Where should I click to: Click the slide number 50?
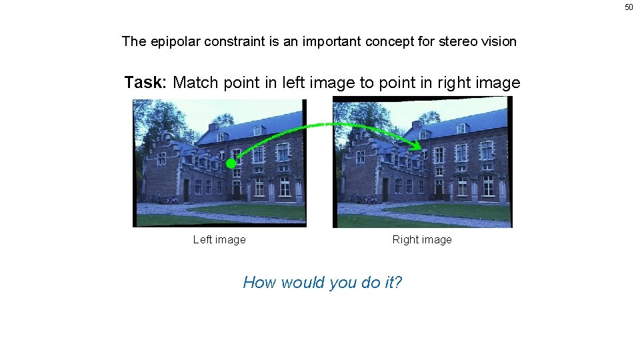coord(628,7)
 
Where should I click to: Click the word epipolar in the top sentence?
coord(175,41)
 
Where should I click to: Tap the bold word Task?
coord(143,83)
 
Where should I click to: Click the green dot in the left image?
coord(231,163)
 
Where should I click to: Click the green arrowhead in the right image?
coord(416,144)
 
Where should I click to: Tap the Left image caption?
coord(219,239)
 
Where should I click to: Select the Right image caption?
coord(422,239)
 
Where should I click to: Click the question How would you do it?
coord(323,282)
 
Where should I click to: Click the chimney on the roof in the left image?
coord(213,125)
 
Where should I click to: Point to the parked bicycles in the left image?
coord(163,199)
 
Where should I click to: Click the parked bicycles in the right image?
coord(364,199)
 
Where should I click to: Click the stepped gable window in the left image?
coord(161,158)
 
